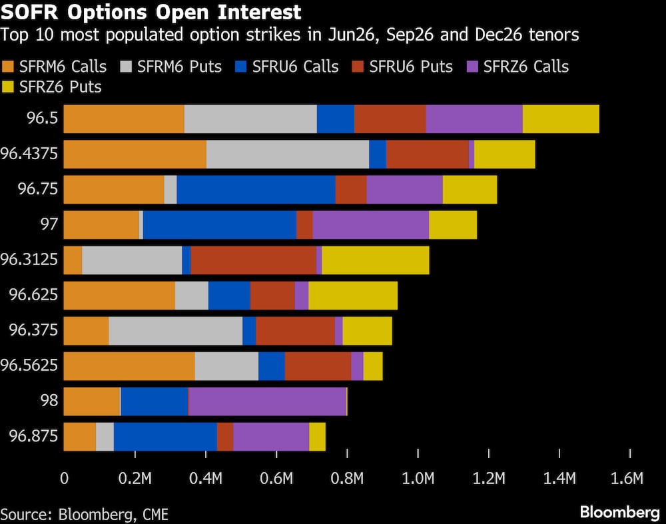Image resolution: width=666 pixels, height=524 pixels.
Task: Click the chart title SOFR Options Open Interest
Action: [151, 12]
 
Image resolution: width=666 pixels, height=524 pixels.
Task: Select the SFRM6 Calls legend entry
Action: [54, 66]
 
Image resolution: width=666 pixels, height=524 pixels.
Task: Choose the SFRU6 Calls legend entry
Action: [287, 66]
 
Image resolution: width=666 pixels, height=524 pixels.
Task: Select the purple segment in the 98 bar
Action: [267, 401]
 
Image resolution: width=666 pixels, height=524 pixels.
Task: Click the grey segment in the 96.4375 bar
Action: [288, 154]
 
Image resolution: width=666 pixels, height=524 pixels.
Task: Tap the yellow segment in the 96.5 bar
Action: [561, 119]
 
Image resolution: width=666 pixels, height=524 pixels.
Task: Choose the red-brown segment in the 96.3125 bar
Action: [253, 260]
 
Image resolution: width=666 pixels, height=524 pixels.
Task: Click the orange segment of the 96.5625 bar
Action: [129, 366]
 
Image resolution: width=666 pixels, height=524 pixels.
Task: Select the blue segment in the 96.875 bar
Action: [165, 436]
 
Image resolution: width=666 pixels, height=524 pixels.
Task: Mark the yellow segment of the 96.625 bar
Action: [353, 295]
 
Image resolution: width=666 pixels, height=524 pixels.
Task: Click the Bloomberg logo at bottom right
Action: [619, 512]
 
